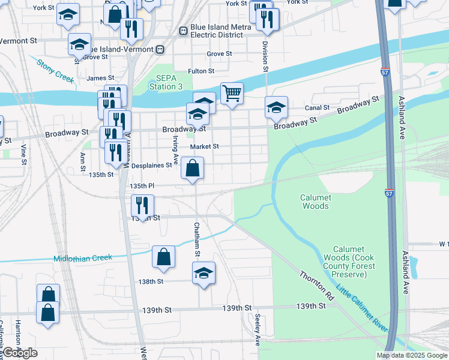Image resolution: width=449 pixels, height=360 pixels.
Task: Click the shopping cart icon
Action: (x=232, y=94)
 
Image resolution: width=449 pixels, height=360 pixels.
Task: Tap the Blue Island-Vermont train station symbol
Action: (x=160, y=49)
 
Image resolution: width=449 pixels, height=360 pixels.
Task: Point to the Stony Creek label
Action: (x=55, y=71)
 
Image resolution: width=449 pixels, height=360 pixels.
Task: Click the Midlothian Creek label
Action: (x=83, y=258)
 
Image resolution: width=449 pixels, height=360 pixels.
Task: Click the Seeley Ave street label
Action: (x=258, y=329)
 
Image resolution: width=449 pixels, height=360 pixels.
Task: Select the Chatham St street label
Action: (x=196, y=240)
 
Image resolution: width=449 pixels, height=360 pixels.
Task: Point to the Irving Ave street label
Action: (x=175, y=149)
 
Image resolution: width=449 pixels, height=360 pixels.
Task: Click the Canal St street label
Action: (x=318, y=108)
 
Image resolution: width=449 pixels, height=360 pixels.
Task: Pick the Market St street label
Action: (x=205, y=146)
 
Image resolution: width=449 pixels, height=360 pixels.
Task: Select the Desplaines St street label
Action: (x=152, y=165)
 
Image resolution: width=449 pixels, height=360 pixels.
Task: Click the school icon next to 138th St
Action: (x=204, y=273)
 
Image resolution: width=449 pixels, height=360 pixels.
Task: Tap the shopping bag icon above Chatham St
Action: (x=193, y=169)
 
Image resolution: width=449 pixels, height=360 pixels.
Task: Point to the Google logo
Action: (x=20, y=353)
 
